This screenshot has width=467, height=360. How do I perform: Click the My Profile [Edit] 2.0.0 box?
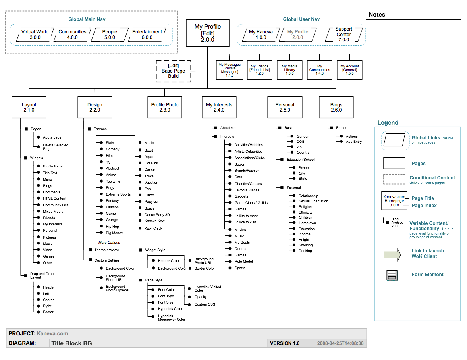(x=207, y=33)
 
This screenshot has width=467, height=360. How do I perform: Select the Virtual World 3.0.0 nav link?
(x=35, y=35)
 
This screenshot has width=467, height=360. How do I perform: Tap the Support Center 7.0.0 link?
(x=343, y=34)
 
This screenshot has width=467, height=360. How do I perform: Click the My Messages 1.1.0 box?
(x=230, y=70)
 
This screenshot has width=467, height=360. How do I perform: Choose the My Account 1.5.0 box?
(x=349, y=70)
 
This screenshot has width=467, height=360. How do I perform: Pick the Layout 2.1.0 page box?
(x=29, y=107)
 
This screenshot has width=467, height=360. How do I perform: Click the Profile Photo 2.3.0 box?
(x=165, y=107)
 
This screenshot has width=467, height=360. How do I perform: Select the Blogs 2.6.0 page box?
(x=336, y=107)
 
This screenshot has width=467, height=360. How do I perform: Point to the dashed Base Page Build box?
(x=173, y=71)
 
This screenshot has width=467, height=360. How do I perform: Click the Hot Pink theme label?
(x=151, y=163)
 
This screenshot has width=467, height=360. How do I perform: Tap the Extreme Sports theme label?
(x=118, y=194)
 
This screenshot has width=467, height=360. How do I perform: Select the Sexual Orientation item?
(x=313, y=201)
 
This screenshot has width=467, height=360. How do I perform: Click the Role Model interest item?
(x=244, y=262)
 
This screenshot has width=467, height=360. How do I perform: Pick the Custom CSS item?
(x=205, y=304)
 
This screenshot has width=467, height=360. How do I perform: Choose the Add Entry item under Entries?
(x=354, y=142)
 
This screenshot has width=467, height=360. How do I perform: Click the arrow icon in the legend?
(x=393, y=254)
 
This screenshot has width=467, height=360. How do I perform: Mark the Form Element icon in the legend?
(x=392, y=275)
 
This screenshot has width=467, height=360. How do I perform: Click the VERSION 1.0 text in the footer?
(x=285, y=343)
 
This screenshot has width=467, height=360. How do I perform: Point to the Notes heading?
(x=377, y=15)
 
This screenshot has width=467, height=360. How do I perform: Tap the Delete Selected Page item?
(x=56, y=147)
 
